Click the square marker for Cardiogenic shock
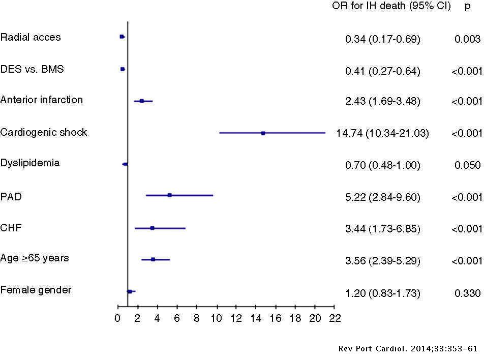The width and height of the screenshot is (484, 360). pos(263,133)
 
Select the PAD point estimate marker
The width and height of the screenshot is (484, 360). pos(169,195)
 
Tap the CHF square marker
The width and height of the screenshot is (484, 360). pos(152,228)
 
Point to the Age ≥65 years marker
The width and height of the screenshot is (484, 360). pos(153,259)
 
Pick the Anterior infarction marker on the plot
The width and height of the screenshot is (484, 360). pos(142,101)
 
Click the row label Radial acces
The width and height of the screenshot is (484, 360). pos(31,37)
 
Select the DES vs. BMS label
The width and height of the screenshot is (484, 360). pos(32,69)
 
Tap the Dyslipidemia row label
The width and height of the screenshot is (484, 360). pos(30,163)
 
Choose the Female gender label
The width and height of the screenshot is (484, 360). pos(36,290)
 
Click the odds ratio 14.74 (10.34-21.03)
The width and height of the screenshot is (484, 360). pos(382,134)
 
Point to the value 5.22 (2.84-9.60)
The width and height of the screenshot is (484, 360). pos(382,197)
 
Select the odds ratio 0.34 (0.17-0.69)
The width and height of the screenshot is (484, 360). pos(382,39)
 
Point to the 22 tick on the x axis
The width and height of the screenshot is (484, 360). pos(335,319)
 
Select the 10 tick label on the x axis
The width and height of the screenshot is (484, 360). pos(216,319)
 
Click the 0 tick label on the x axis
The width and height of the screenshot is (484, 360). pos(117,319)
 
